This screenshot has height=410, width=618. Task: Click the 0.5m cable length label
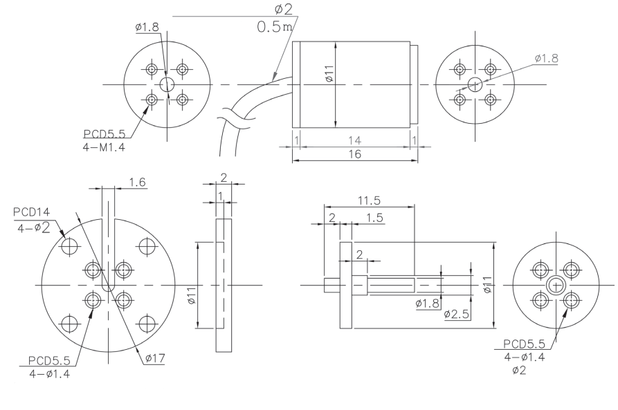[x=275, y=27]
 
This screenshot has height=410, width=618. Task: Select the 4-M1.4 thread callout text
[x=104, y=148]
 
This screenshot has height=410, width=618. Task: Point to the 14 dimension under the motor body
[x=355, y=140]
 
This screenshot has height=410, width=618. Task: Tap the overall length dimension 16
[x=355, y=154]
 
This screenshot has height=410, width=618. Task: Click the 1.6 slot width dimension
[x=137, y=182]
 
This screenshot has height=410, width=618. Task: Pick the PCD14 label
[x=32, y=212]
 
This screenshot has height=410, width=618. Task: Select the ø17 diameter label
[x=155, y=358]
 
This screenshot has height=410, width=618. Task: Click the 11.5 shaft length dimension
[x=369, y=201]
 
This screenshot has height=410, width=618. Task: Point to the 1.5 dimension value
[x=374, y=218]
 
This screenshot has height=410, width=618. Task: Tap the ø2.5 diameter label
[x=456, y=314]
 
